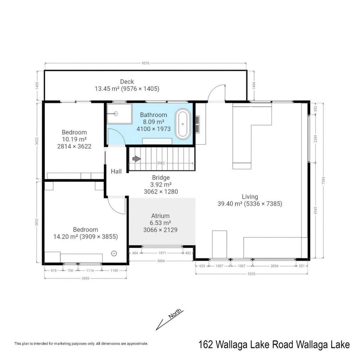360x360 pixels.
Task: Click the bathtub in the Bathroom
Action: [183, 124]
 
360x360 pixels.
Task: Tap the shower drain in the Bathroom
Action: [116, 114]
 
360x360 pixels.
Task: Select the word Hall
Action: [116, 171]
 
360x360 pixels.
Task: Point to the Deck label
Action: [127, 82]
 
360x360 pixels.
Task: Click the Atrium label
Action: [160, 216]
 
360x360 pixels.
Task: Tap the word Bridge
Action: [161, 178]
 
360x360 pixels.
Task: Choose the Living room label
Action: [250, 197]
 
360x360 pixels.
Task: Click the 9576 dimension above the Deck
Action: [146, 63]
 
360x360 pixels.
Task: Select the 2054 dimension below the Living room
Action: [274, 266]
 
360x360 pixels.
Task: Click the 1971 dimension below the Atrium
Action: [162, 253]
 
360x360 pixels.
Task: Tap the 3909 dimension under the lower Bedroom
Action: [85, 278]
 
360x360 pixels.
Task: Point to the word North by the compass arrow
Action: [175, 314]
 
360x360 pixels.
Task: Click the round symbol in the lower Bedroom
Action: [114, 253]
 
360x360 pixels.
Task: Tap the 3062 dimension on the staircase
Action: [161, 163]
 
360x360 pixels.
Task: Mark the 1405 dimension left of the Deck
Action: [37, 86]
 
